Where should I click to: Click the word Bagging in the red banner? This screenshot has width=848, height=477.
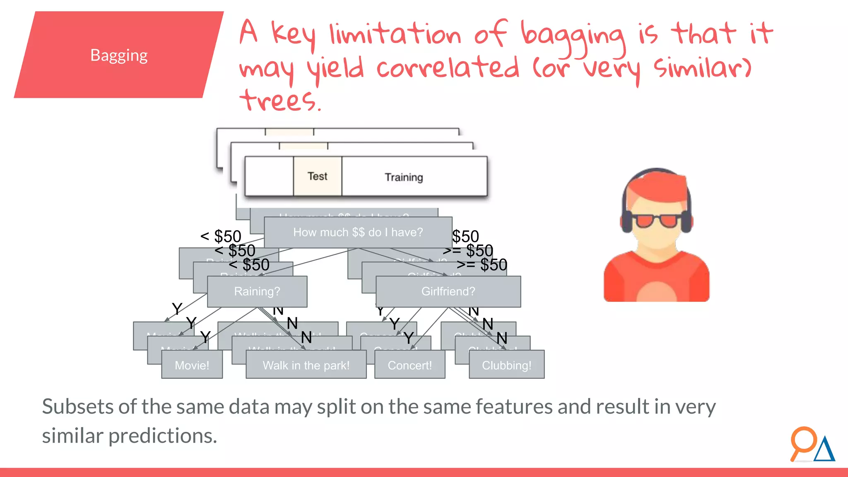coord(119,55)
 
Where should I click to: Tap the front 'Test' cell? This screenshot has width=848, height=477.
coord(318,176)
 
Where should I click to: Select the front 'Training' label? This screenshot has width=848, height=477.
coord(404,177)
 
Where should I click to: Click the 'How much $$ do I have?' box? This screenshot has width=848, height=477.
coord(358,232)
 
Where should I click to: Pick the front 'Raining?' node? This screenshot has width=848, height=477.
coord(257,291)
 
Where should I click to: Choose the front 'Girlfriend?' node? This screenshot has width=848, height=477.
coord(448,291)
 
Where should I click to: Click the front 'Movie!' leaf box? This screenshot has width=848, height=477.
coord(192,365)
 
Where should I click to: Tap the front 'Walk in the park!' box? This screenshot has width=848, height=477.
coord(306,365)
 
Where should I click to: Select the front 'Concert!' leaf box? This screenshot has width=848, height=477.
coord(410,365)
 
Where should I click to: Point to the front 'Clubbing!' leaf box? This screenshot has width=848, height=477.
coord(506,365)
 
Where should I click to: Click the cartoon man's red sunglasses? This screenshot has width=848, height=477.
coord(657,221)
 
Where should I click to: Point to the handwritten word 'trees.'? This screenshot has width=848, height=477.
coord(280,100)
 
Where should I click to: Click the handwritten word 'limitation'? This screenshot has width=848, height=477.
coord(395,34)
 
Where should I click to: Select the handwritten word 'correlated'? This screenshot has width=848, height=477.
coord(448,68)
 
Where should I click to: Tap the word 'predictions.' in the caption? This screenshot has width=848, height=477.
coord(162,436)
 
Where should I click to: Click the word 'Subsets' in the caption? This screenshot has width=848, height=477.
coord(77,407)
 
